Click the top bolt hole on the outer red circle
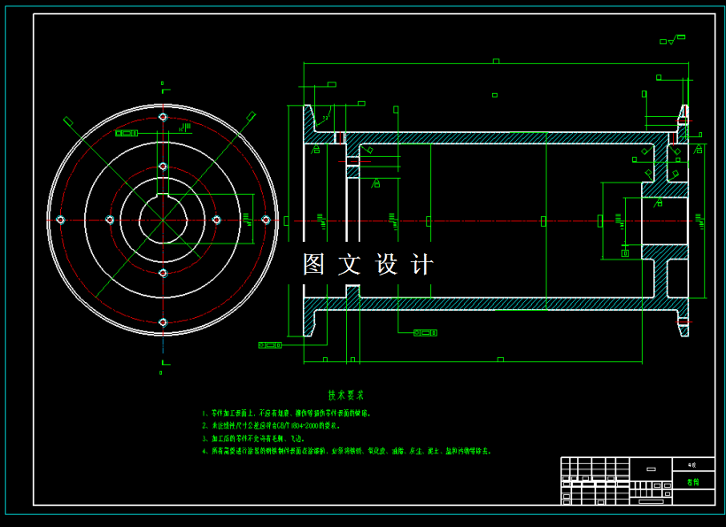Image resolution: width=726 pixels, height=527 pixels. point(162,117)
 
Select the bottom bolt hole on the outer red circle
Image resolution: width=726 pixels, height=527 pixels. point(162,322)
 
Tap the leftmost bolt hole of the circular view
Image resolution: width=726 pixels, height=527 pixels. point(60,220)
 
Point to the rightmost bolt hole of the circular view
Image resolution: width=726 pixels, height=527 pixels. point(265,220)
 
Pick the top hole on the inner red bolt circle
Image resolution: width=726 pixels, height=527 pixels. point(162,166)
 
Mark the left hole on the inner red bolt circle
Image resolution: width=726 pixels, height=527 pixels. point(110,220)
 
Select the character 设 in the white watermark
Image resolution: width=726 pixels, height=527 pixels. point(388,264)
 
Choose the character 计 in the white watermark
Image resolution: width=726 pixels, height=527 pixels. point(422,264)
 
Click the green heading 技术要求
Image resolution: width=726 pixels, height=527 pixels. point(345,395)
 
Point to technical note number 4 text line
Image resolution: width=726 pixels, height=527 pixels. point(345,451)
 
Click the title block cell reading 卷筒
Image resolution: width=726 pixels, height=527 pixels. point(693,482)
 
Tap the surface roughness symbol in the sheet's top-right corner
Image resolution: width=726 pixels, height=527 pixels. point(671,40)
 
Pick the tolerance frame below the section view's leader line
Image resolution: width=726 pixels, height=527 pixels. point(426,333)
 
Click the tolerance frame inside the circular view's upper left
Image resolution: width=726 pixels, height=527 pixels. point(127,133)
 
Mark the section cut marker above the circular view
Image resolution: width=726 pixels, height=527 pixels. point(162,86)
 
